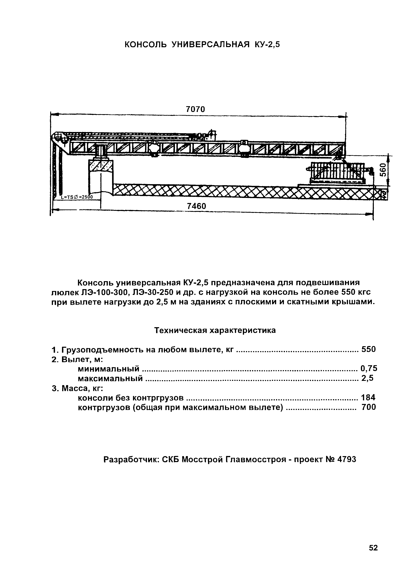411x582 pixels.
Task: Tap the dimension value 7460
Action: click(x=197, y=206)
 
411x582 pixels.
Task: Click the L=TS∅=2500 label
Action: click(x=77, y=197)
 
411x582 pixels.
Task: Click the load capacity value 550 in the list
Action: click(x=368, y=349)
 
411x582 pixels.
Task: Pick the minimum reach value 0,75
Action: click(x=369, y=368)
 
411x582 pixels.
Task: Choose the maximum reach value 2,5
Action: click(x=367, y=378)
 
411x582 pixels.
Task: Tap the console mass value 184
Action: click(x=368, y=397)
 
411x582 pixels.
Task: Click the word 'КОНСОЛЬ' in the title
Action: click(x=146, y=45)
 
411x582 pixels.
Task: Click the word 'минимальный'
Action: click(x=109, y=368)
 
